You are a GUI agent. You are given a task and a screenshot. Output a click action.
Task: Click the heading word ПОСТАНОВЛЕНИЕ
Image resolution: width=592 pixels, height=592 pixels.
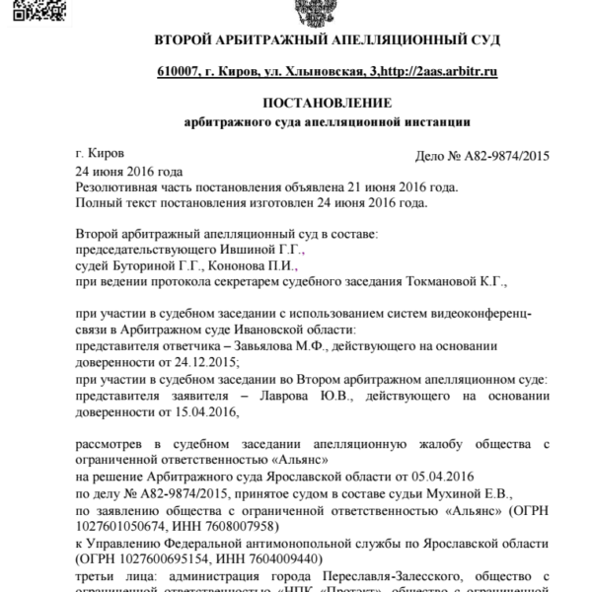328,103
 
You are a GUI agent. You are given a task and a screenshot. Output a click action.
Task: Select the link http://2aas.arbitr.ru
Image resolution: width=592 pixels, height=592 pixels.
436,72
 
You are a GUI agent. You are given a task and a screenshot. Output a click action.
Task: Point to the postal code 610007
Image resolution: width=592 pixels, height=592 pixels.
181,72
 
